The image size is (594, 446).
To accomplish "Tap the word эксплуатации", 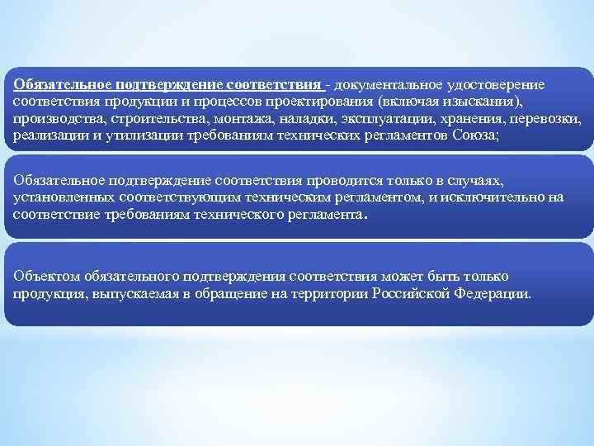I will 363,119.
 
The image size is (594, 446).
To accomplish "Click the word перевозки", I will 545,119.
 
